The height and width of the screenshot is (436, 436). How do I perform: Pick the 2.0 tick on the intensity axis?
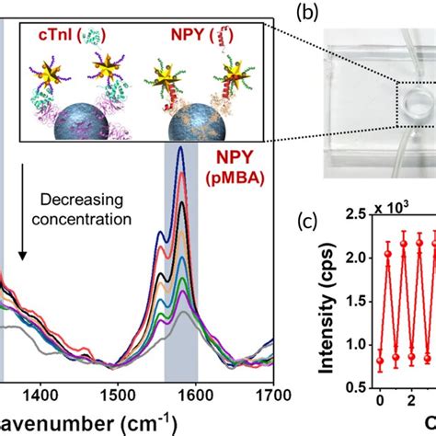pyautogui.click(x=351, y=279)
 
